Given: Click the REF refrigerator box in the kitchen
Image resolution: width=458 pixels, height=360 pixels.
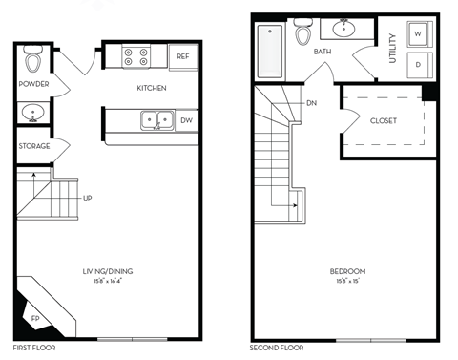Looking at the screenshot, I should pos(183,57).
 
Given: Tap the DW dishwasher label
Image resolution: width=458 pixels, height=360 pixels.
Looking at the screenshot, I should pos(186,120).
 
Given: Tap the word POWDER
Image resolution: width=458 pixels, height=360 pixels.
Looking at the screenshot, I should pos(33,84).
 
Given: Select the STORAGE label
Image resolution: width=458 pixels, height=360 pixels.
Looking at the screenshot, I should pos(33,146).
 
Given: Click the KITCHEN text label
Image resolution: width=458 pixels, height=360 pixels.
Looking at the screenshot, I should pos(151,88).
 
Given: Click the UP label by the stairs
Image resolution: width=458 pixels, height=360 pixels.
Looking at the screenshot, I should pos(88,199).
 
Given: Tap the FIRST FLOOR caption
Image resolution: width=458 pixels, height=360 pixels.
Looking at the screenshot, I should pos(34,349).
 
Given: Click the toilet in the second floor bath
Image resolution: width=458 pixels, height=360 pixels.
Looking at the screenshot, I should pos(304,33).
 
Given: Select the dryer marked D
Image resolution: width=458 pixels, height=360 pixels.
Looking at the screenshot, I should pos(418,64).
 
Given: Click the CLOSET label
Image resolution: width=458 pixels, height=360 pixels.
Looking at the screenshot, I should pos(384,120).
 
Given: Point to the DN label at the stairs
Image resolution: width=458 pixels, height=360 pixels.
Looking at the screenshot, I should pos(312,102).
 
